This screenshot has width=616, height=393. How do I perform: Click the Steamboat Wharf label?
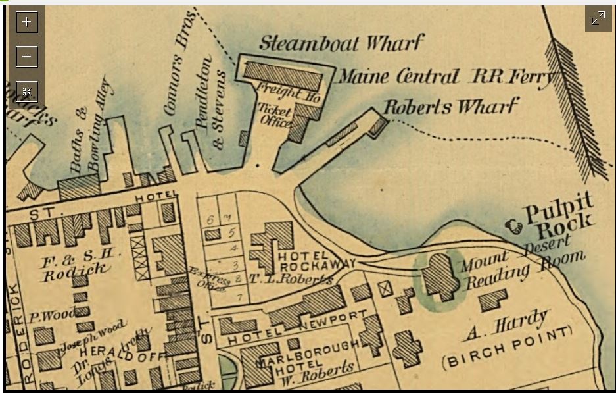(340, 43)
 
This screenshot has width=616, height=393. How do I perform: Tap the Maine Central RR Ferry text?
(446, 78)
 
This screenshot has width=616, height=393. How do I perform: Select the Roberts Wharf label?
(450, 107)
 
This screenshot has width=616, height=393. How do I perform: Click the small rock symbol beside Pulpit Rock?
(513, 227)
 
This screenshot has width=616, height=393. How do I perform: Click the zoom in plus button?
(27, 21)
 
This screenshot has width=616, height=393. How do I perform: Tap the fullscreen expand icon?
(598, 18)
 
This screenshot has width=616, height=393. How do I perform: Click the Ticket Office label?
(275, 114)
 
